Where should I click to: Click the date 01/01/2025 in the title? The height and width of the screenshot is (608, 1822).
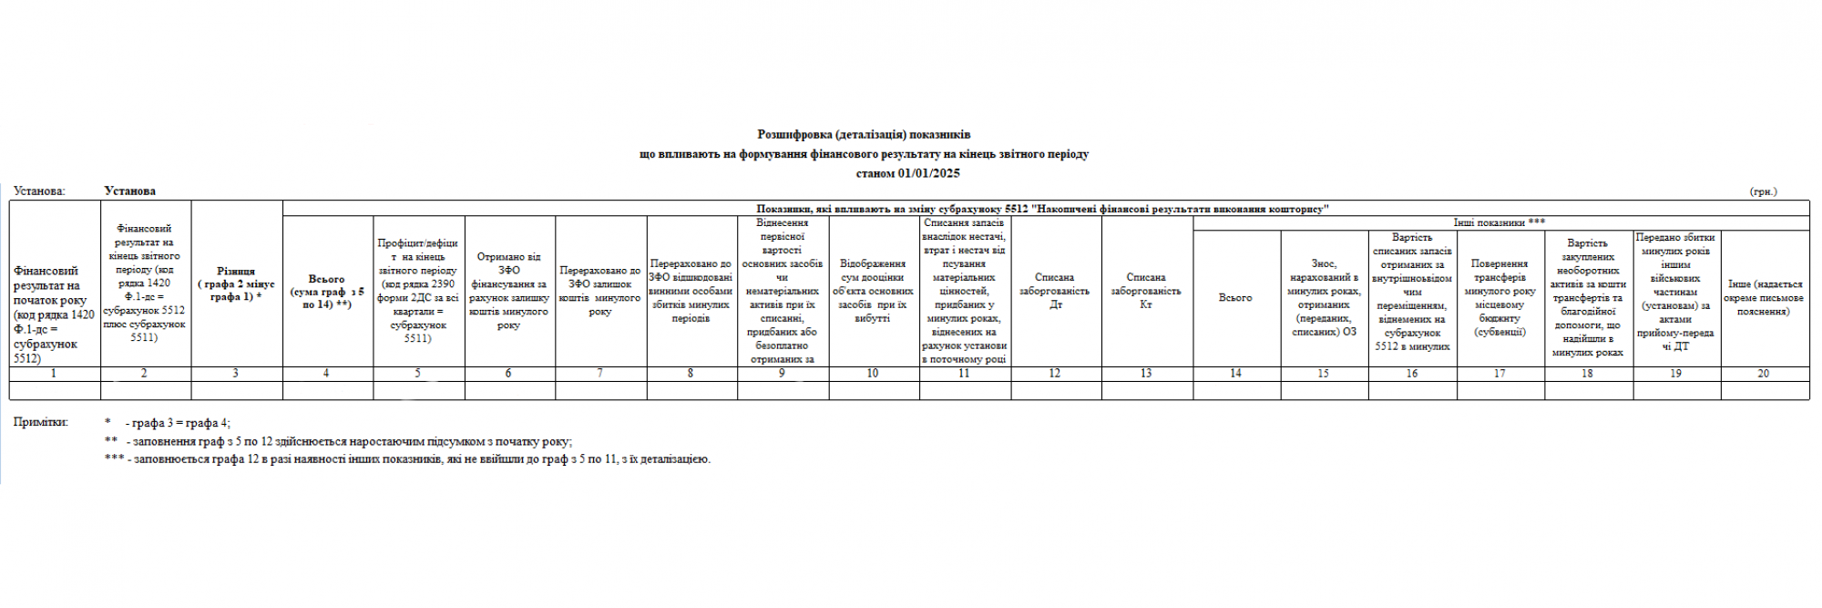(x=929, y=173)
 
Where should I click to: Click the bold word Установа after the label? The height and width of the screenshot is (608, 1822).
(x=129, y=191)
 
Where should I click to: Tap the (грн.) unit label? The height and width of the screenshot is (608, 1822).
(x=1763, y=191)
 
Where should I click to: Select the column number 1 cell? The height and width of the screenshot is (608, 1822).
(x=54, y=374)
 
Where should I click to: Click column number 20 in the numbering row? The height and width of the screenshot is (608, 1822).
(x=1764, y=374)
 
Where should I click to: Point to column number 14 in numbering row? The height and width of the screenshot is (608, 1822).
(x=1235, y=374)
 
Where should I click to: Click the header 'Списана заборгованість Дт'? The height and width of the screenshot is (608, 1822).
(x=1055, y=291)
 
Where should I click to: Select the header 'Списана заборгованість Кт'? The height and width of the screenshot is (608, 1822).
(x=1146, y=291)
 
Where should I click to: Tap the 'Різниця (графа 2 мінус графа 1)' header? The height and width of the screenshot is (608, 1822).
(x=236, y=283)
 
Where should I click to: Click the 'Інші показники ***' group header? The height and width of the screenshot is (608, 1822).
(x=1500, y=222)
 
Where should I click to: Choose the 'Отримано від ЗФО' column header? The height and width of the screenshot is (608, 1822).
(x=508, y=291)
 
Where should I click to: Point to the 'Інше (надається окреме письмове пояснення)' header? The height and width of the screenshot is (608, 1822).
(x=1764, y=298)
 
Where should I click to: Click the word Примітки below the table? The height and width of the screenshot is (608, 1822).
(x=41, y=422)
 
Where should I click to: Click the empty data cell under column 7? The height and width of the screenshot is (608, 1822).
(x=600, y=390)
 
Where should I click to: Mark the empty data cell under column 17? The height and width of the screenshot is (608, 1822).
(x=1500, y=390)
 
